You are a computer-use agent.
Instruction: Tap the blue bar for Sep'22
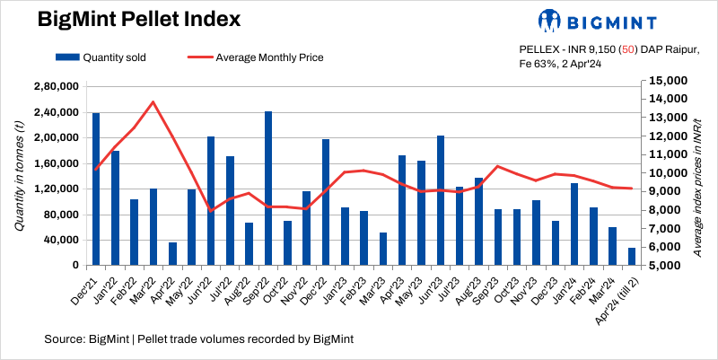point(268,189)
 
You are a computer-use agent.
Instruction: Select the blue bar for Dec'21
point(96,189)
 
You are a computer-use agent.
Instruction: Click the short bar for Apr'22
point(172,254)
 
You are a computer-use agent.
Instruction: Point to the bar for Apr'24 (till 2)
point(632,257)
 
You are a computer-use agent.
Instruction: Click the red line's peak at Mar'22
point(153,101)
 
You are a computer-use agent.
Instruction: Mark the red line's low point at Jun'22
point(211,211)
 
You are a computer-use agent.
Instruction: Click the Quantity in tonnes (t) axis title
point(19,176)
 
